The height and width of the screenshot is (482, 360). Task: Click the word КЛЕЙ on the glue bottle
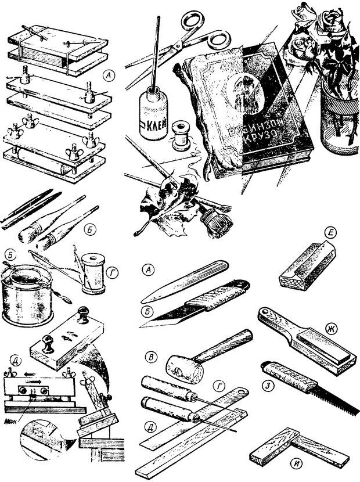pyautogui.click(x=152, y=123)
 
